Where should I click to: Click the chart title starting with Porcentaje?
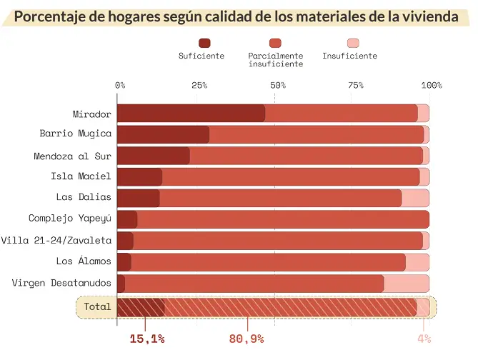point(239,16)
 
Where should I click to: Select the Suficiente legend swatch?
point(201,43)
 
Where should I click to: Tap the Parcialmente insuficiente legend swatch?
point(275,43)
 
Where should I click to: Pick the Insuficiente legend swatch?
point(349,43)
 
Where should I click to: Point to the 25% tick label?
point(199,85)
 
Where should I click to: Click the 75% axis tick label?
point(356,85)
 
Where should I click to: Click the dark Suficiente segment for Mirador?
point(191,113)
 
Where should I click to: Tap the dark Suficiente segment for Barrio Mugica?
point(163,134)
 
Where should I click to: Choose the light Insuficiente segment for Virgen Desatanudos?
point(406,284)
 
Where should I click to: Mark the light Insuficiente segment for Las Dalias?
point(415,198)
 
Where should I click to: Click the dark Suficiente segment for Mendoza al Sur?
point(153,156)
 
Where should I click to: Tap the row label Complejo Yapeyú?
point(70,219)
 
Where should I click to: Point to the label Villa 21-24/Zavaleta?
point(56,240)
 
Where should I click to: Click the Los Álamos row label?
point(84,261)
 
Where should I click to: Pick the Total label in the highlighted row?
point(97,306)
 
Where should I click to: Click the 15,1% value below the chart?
point(147,339)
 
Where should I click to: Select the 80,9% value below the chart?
point(247,339)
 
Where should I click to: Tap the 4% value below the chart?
point(424,339)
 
